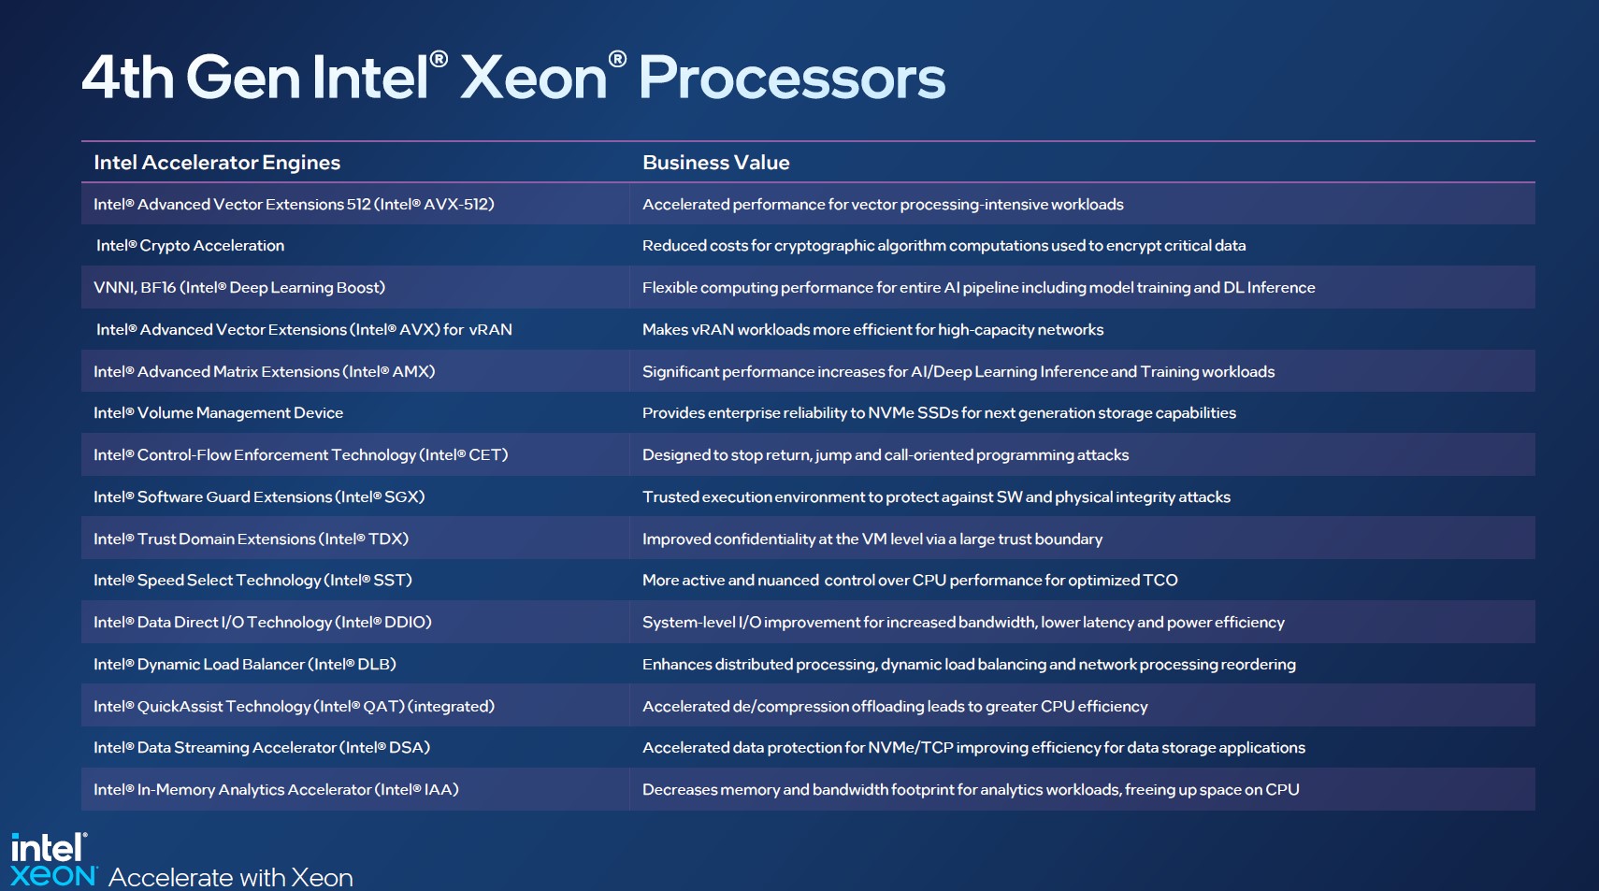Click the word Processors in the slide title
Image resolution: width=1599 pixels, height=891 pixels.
(x=792, y=77)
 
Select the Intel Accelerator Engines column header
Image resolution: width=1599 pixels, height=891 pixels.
(x=217, y=163)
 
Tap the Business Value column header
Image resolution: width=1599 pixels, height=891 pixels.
(x=716, y=163)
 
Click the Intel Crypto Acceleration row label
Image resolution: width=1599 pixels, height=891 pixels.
(x=190, y=246)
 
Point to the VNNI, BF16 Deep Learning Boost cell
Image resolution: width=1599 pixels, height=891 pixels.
(x=239, y=288)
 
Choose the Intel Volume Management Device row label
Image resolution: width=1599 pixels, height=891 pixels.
(x=219, y=412)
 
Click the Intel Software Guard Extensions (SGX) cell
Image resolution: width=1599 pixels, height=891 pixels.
(x=259, y=496)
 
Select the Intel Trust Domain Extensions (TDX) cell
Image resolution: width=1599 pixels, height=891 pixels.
(x=251, y=539)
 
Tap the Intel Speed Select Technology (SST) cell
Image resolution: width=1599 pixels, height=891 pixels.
(x=252, y=581)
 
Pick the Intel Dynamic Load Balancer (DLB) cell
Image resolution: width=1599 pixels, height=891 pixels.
(x=245, y=664)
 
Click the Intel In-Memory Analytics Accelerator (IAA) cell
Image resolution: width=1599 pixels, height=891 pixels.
(x=276, y=790)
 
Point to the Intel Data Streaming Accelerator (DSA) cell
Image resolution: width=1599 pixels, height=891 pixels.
(x=262, y=748)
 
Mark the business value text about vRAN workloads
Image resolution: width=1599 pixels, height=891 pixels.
(x=873, y=330)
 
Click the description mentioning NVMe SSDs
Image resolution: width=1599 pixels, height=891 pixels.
(x=940, y=412)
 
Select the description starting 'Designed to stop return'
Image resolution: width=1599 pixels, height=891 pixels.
(x=886, y=454)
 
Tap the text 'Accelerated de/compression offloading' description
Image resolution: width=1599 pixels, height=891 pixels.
(x=895, y=706)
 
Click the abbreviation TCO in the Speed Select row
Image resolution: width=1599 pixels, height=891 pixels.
(x=1160, y=581)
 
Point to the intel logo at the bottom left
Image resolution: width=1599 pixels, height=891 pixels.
(x=49, y=848)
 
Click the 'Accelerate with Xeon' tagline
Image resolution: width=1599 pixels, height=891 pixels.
(x=231, y=877)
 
